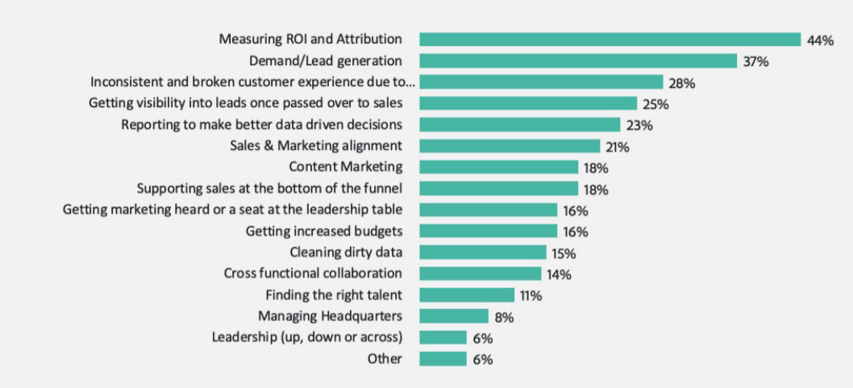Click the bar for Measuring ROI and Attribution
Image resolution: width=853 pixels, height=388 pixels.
(x=610, y=39)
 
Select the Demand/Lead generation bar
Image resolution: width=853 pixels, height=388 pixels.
(x=578, y=60)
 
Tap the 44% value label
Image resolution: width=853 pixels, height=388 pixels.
(x=819, y=40)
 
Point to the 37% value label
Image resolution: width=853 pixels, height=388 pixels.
(x=755, y=61)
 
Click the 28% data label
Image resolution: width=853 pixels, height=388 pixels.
(x=681, y=83)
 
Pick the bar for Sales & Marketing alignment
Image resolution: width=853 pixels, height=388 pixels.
(x=510, y=146)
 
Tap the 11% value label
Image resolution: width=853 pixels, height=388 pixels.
(x=531, y=295)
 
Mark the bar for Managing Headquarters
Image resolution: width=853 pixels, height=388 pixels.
(x=454, y=316)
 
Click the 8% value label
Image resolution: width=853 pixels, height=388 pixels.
(x=505, y=316)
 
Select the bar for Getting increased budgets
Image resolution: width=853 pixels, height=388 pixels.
(x=488, y=231)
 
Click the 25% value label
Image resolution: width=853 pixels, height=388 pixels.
(x=655, y=104)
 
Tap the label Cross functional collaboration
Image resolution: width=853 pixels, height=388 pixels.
(x=313, y=274)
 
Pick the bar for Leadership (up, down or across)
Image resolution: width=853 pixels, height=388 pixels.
(x=443, y=337)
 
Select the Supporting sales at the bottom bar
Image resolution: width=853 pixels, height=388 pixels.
(x=498, y=188)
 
